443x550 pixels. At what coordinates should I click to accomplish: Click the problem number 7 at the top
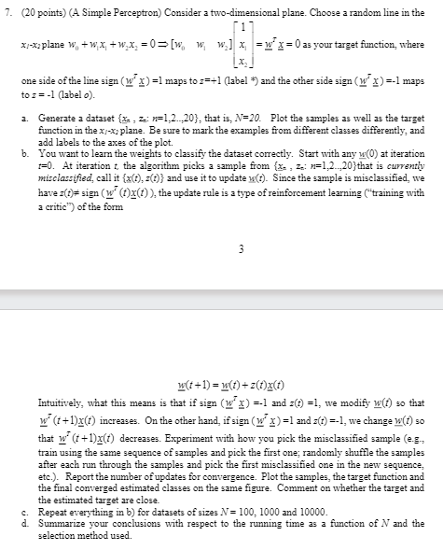point(9,14)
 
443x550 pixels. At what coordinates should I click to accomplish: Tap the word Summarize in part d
point(61,480)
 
